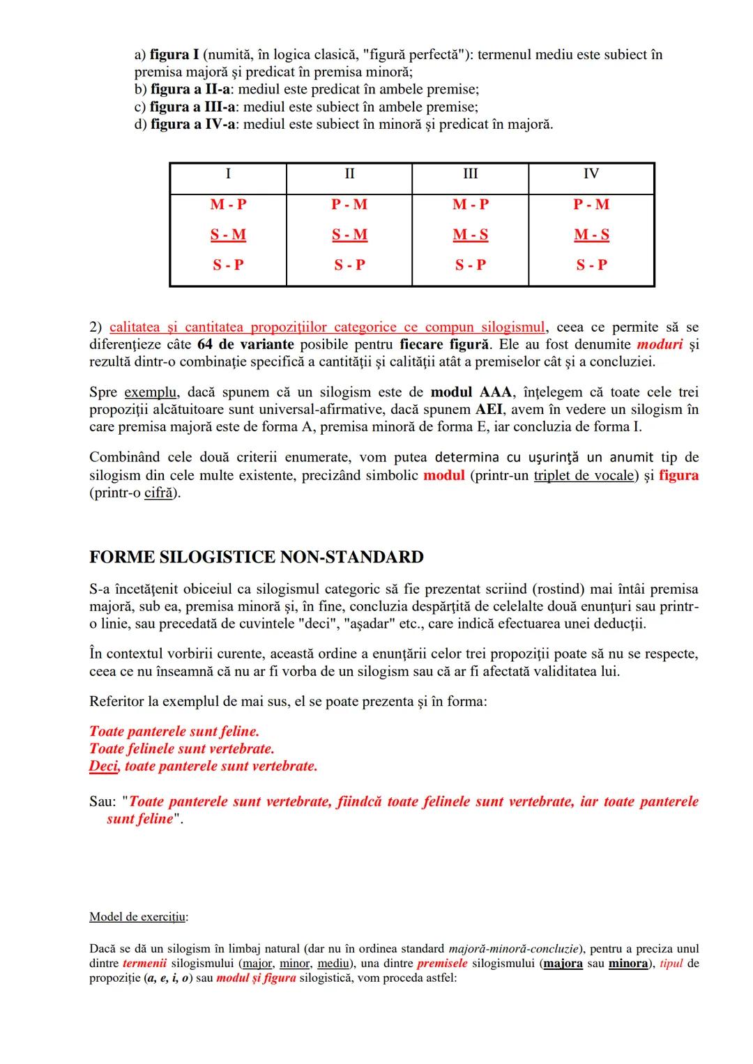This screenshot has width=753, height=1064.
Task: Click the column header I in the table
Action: coord(228,174)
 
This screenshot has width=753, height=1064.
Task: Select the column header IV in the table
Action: coord(591,174)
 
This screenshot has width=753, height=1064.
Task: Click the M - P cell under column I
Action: coord(228,204)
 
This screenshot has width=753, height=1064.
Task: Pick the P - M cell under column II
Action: coord(349,204)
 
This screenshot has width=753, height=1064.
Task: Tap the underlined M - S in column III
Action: coord(471,235)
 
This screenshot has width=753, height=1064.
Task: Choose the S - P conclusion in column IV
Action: coord(591,265)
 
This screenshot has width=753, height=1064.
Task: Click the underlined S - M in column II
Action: coord(349,235)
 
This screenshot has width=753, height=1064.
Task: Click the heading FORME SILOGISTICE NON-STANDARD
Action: coord(256,557)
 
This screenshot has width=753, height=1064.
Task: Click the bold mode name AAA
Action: coord(496,392)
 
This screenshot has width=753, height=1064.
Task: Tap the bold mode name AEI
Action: coord(489,410)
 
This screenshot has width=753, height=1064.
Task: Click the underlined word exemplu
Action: coord(150,392)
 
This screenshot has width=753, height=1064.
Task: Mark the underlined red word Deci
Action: coord(104,766)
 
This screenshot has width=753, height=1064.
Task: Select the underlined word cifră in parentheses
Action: coord(158,493)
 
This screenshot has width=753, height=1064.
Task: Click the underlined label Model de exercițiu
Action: coord(137,916)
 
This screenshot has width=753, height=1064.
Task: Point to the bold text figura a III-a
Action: coord(193,107)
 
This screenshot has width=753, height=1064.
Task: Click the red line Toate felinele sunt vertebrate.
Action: coord(181,749)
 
